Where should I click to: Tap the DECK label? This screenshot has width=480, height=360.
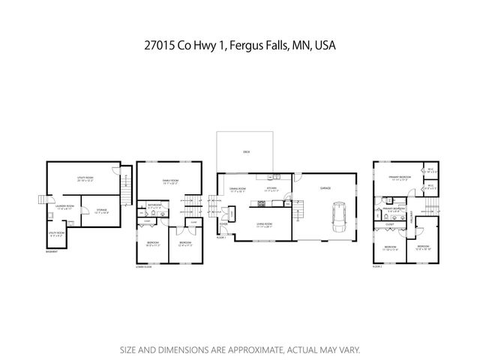245,152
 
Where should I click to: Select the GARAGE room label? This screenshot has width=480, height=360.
325,187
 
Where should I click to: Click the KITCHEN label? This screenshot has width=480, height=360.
271,187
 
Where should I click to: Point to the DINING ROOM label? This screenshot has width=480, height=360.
238,187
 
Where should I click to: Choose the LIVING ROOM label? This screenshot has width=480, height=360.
264,223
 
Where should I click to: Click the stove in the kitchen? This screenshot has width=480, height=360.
262,204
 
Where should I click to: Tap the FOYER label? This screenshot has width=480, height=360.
223,223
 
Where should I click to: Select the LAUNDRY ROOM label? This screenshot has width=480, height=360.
64,205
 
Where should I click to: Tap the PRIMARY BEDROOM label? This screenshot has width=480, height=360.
399,176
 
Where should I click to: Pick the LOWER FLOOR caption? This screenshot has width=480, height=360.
143,267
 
